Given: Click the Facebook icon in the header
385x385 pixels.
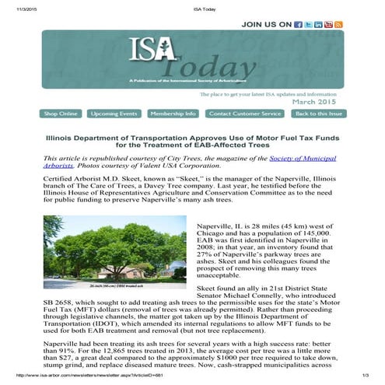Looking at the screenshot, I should coord(298,25).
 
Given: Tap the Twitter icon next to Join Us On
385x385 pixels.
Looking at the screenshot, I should coord(308,25).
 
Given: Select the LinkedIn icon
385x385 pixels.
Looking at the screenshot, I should coord(318,25).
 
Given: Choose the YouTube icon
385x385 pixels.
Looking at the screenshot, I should coord(328,25).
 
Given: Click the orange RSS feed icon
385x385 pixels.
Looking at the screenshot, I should coord(338,25).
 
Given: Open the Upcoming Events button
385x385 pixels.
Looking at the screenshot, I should coord(113,114).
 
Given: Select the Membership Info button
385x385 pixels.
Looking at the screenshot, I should coord(173,114).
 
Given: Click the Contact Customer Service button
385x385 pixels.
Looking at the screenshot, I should coord(245,114).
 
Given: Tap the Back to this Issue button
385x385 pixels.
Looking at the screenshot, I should coord(317,114).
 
